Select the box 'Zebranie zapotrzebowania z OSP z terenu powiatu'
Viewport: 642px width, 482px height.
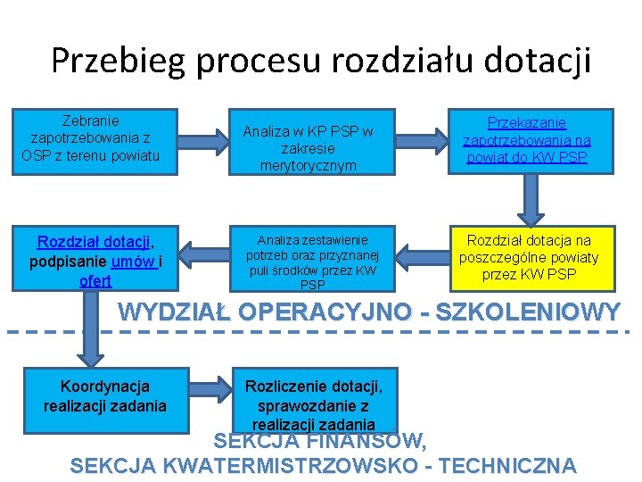90,138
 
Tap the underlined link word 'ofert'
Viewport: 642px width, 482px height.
95,280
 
